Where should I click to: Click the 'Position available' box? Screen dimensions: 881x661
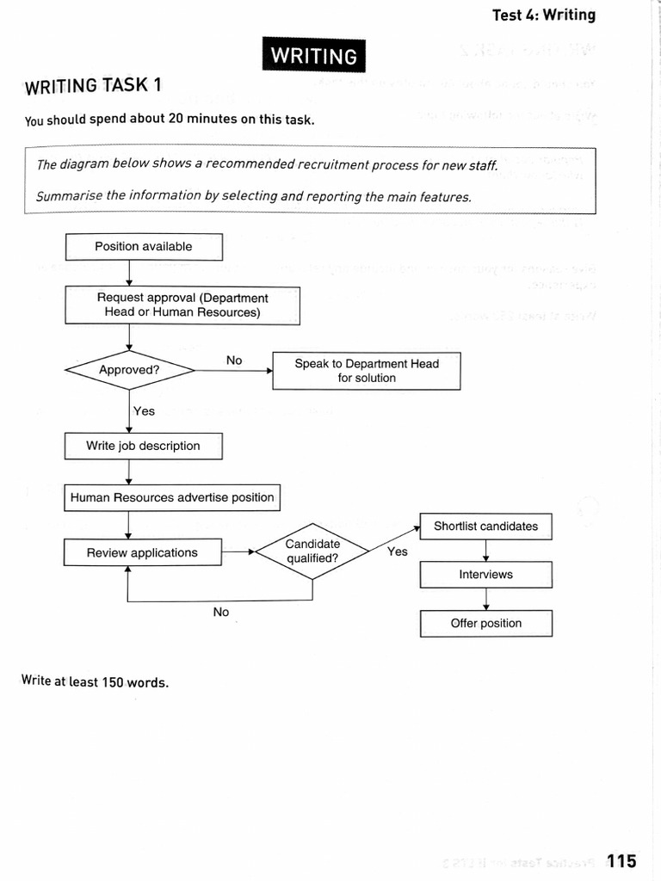pyautogui.click(x=144, y=247)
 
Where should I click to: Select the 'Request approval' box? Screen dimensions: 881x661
pyautogui.click(x=182, y=305)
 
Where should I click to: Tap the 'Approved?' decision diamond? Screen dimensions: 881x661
pyautogui.click(x=129, y=371)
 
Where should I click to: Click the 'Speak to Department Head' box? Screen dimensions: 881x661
pyautogui.click(x=367, y=371)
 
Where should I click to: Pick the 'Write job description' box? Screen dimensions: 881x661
pyautogui.click(x=143, y=447)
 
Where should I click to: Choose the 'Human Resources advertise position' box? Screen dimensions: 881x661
pyautogui.click(x=172, y=497)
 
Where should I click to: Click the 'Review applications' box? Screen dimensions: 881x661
pyautogui.click(x=142, y=553)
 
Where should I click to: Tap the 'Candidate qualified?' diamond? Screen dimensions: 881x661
pyautogui.click(x=312, y=551)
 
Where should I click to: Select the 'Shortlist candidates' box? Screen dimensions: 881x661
pyautogui.click(x=485, y=527)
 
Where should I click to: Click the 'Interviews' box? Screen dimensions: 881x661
pyautogui.click(x=485, y=575)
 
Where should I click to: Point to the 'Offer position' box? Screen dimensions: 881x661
pyautogui.click(x=485, y=624)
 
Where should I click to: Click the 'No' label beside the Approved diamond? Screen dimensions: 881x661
pyautogui.click(x=234, y=360)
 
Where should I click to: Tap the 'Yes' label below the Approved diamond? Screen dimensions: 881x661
pyautogui.click(x=144, y=411)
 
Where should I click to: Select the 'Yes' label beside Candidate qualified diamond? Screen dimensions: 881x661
pyautogui.click(x=397, y=551)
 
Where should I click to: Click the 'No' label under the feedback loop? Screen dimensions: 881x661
pyautogui.click(x=221, y=613)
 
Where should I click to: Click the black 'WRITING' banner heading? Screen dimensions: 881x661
pyautogui.click(x=314, y=56)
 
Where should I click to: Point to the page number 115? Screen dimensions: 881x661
pyautogui.click(x=621, y=860)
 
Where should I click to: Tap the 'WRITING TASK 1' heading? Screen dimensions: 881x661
pyautogui.click(x=93, y=86)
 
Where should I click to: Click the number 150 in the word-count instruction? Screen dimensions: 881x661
pyautogui.click(x=113, y=682)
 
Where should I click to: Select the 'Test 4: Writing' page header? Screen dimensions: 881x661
pyautogui.click(x=543, y=15)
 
